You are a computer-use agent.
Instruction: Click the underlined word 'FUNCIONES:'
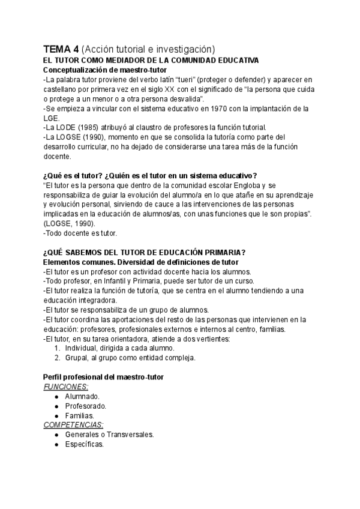[x=66, y=387]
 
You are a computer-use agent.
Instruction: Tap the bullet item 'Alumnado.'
[x=82, y=397]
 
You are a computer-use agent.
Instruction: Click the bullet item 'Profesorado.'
[x=86, y=406]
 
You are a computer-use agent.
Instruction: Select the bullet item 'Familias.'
[x=80, y=415]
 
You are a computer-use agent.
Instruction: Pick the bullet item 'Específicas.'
[x=85, y=444]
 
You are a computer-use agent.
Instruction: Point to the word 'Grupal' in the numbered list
[x=77, y=358]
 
